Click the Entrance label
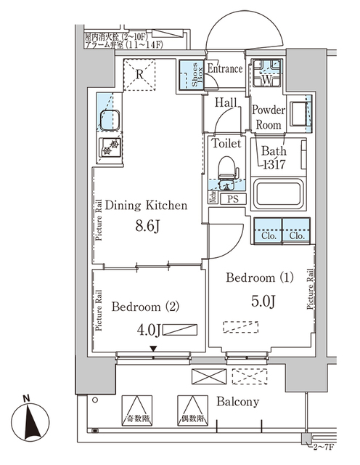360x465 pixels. [224, 68]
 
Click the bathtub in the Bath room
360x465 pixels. [279, 195]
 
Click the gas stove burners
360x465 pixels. [110, 147]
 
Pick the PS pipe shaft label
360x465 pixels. [232, 198]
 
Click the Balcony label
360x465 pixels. [238, 402]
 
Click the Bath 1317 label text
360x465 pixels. [274, 158]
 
